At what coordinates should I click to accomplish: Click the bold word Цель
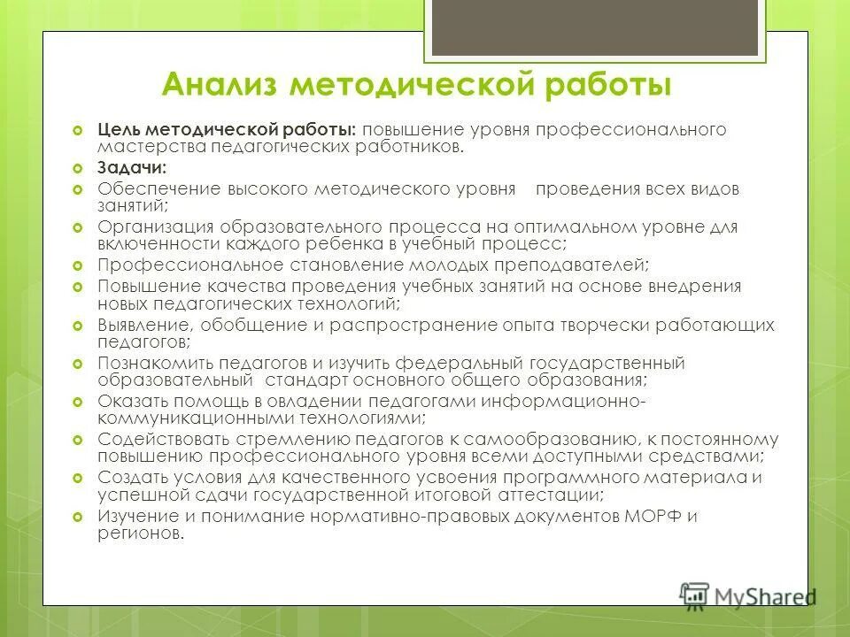click(x=122, y=130)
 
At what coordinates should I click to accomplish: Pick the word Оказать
click(x=129, y=402)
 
